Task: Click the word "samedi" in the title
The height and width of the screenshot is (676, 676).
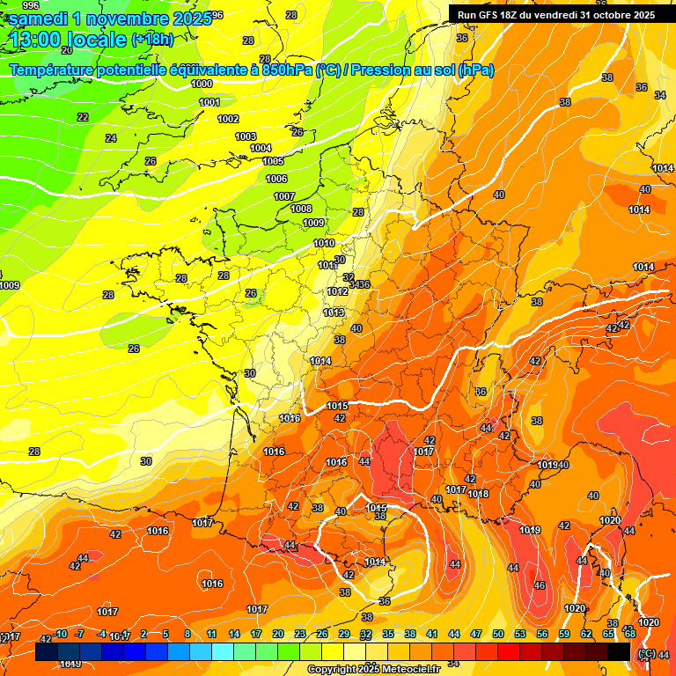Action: coord(40,18)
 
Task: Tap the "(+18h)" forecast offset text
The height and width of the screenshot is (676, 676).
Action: coord(152,39)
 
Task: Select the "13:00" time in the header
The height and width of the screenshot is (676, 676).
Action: coord(35,39)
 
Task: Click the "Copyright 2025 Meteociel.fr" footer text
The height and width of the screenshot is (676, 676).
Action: coord(373,670)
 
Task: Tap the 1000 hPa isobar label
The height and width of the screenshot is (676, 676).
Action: coord(202,84)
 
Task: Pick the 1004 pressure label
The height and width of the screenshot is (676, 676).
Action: coord(261,148)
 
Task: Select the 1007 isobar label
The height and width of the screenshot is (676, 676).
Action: coord(283,196)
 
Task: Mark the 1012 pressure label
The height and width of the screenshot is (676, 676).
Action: coord(337,291)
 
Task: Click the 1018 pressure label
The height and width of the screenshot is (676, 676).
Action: coord(479,494)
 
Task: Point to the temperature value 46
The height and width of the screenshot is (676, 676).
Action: coord(540,585)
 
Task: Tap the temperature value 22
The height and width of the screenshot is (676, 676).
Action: coord(83,117)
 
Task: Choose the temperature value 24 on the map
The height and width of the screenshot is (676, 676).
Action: coord(111,138)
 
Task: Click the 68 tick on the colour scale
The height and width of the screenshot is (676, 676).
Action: coord(630,634)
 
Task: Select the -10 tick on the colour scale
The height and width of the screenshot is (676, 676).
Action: coord(61,634)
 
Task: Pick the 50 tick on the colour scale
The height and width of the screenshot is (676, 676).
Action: coord(498,634)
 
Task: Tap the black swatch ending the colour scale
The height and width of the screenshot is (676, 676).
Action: coord(619,652)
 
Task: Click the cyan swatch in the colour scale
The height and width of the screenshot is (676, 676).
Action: coord(223,652)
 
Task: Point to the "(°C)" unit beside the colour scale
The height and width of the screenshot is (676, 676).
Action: coord(645,653)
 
